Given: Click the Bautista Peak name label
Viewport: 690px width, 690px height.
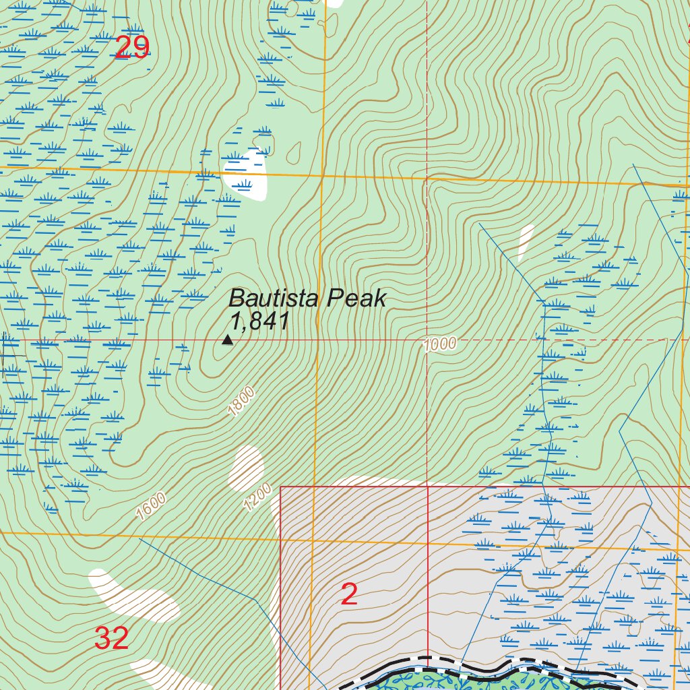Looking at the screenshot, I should pos(308,299).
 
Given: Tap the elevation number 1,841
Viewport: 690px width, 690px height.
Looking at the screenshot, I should pos(259,322).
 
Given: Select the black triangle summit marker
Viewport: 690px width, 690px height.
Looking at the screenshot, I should pos(228,340).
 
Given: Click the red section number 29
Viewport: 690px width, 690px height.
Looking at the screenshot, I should pos(131,48).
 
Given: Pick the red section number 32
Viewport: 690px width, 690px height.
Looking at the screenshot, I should pos(111,638).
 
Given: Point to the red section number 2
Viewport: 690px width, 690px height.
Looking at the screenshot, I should pos(349,594).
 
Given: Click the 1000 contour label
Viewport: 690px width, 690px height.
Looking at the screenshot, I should pos(441,344).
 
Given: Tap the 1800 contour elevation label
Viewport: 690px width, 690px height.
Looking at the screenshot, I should pos(241,401).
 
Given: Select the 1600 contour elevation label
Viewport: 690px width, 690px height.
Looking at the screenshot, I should pos(150,506).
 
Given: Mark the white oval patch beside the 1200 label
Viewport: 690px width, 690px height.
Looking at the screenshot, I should pos(245,468).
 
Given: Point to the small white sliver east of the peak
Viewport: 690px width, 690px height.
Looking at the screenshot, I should pos(526,243).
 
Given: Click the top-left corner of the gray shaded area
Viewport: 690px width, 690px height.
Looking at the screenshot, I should pos(282,487).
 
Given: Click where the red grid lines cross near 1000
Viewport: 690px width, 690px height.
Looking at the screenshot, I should pos(428,340).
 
